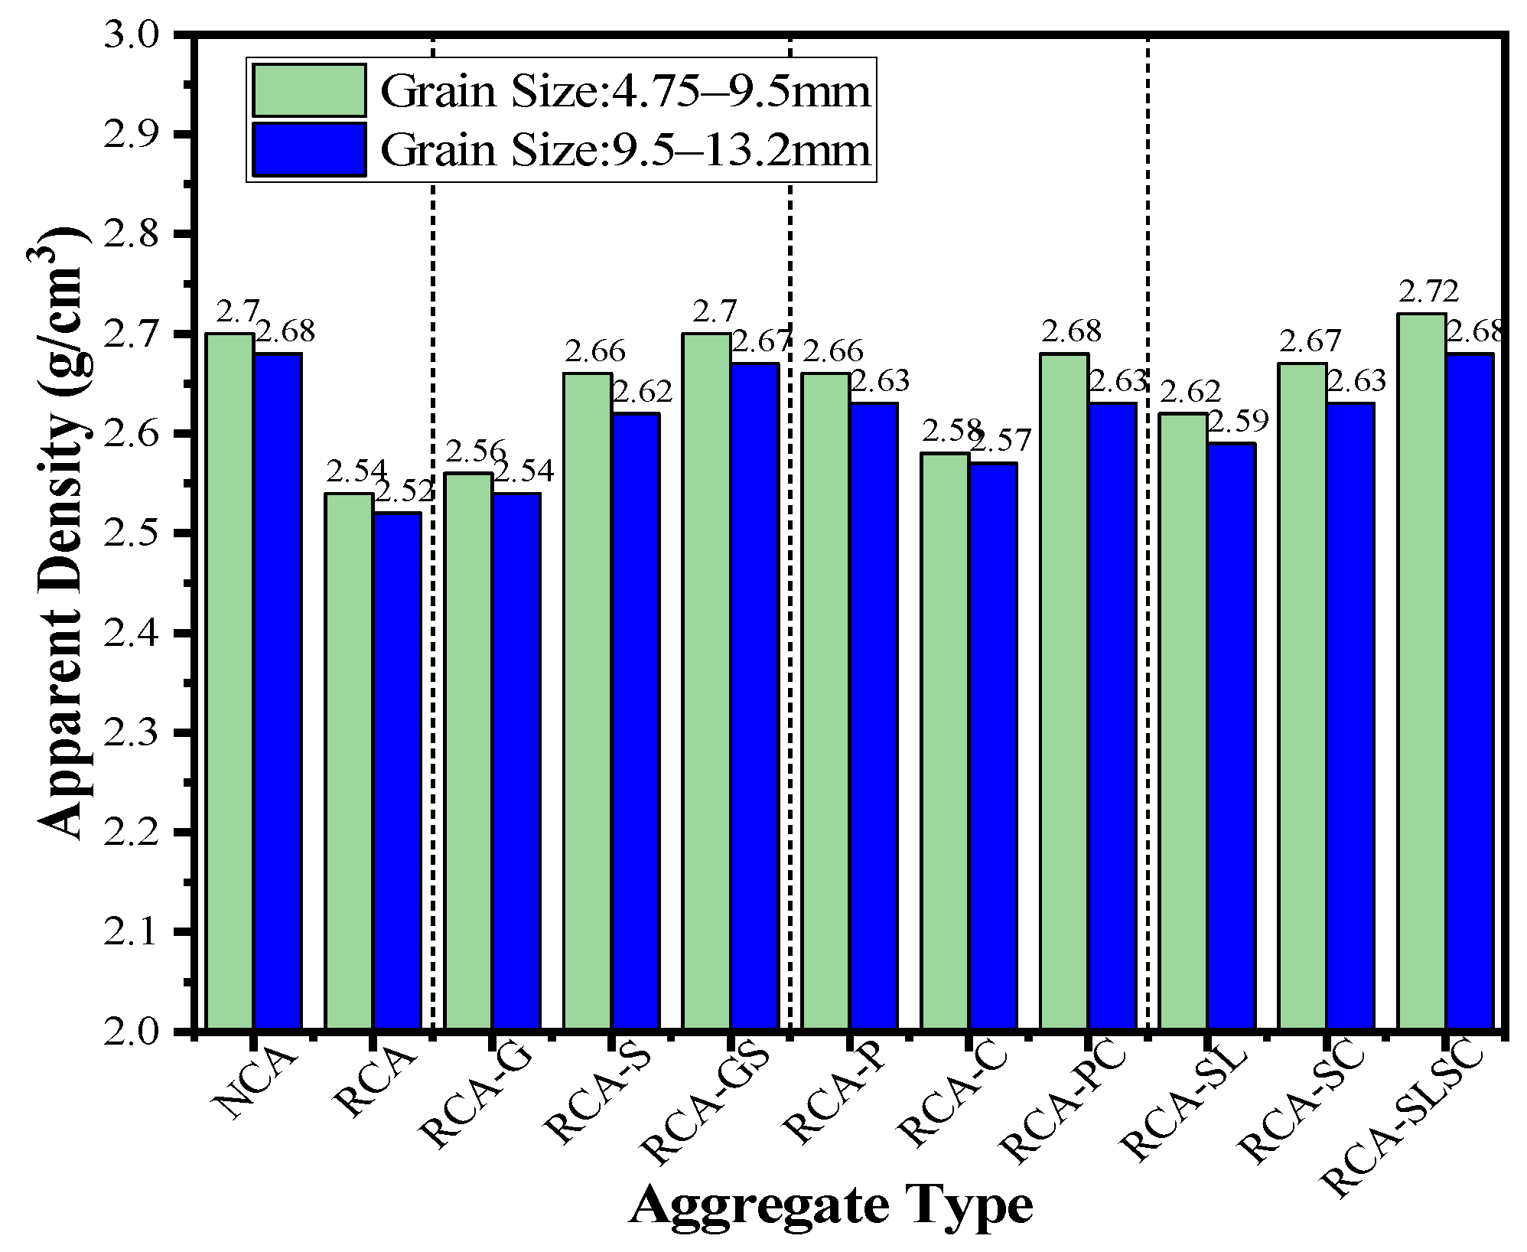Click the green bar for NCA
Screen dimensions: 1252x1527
[x=230, y=681]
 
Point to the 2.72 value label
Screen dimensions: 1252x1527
[x=1428, y=292]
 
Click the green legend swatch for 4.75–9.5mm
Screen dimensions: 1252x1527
[x=309, y=90]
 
